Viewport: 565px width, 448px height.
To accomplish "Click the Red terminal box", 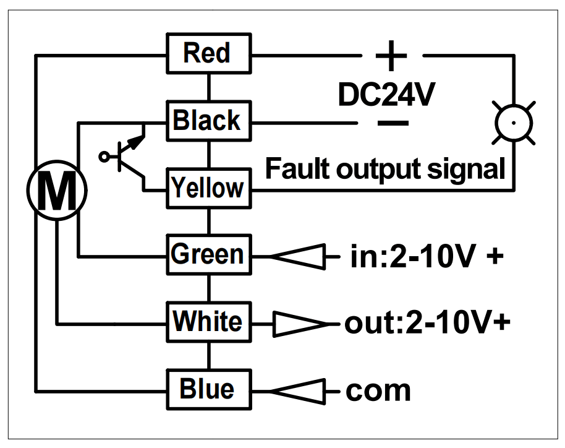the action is click(x=209, y=53).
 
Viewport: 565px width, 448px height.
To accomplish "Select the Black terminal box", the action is click(x=209, y=121).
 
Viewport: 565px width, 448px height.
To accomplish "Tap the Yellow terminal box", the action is click(x=209, y=188).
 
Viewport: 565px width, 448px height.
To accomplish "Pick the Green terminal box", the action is click(x=209, y=255).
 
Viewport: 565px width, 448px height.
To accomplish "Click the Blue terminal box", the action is click(x=209, y=390).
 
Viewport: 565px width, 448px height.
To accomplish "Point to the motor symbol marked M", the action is click(x=57, y=190).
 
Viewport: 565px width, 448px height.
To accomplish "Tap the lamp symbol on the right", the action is click(x=514, y=123).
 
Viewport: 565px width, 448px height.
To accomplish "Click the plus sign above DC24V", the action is click(x=391, y=56).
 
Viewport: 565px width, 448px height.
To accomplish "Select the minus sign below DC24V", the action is click(x=393, y=123).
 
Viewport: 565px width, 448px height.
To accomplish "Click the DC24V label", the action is click(x=386, y=95).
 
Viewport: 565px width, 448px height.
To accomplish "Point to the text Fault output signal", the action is click(x=385, y=169).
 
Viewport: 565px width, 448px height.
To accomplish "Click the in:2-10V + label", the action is click(x=427, y=256).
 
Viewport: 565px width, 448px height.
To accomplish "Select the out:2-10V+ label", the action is click(x=428, y=322).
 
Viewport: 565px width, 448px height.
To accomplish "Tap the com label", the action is click(x=378, y=391).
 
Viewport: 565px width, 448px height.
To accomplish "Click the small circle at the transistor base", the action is click(x=104, y=157).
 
